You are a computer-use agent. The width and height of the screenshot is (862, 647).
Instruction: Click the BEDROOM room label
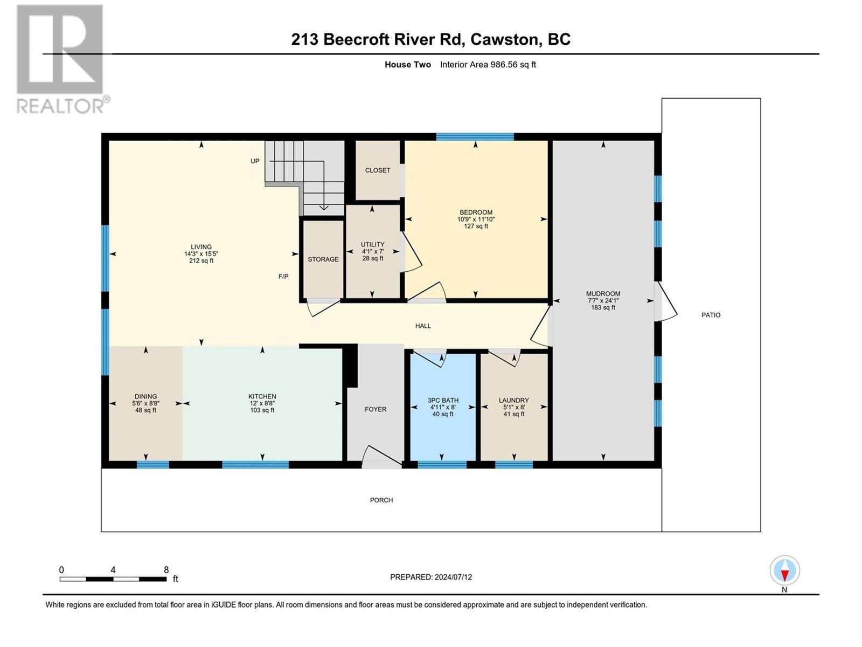[476, 212]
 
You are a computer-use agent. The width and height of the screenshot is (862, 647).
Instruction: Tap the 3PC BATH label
[443, 400]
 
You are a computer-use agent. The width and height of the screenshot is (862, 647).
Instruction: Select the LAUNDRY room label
[513, 400]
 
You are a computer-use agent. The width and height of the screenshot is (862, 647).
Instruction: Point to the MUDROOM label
[603, 293]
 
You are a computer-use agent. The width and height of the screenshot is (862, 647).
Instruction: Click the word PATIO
[711, 315]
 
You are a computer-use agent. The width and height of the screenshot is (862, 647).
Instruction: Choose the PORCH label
[381, 500]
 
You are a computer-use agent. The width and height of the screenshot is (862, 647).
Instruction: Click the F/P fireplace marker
[283, 276]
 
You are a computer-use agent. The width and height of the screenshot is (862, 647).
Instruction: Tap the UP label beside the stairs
[255, 161]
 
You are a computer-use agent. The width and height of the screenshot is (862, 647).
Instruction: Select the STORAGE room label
[323, 259]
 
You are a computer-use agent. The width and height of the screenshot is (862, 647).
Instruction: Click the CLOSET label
[378, 170]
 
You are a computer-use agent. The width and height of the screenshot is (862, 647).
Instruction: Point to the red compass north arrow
[784, 576]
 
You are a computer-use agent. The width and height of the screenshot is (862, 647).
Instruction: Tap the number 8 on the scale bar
[166, 569]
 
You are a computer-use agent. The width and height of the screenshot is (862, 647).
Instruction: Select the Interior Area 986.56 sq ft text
[488, 64]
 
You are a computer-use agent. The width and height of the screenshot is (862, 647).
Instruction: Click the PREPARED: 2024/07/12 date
[431, 577]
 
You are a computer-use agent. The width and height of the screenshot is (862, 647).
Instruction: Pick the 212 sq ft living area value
[201, 260]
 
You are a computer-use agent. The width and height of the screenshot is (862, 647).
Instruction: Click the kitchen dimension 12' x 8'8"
[262, 403]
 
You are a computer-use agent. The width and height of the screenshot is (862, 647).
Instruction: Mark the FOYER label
[376, 409]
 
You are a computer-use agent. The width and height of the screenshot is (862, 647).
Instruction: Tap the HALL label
[423, 326]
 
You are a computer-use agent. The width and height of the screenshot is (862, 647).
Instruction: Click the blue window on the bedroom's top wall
[475, 137]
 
